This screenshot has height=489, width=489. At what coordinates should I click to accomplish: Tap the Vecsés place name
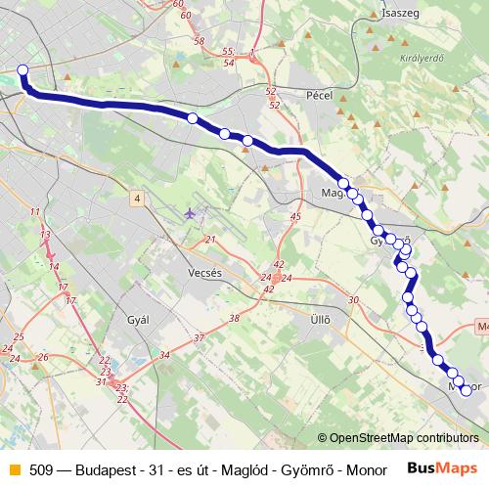205,274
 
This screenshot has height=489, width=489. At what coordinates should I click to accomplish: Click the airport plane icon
189,212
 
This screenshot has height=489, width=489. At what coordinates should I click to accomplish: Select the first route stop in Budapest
22,69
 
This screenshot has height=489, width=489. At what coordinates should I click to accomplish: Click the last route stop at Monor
466,390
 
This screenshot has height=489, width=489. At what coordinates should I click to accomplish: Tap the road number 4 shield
138,199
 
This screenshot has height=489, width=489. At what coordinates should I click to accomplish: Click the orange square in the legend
12,468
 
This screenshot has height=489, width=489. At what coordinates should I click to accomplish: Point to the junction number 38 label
233,319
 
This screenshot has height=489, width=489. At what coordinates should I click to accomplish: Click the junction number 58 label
200,41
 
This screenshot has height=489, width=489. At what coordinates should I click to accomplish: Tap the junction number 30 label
353,300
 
